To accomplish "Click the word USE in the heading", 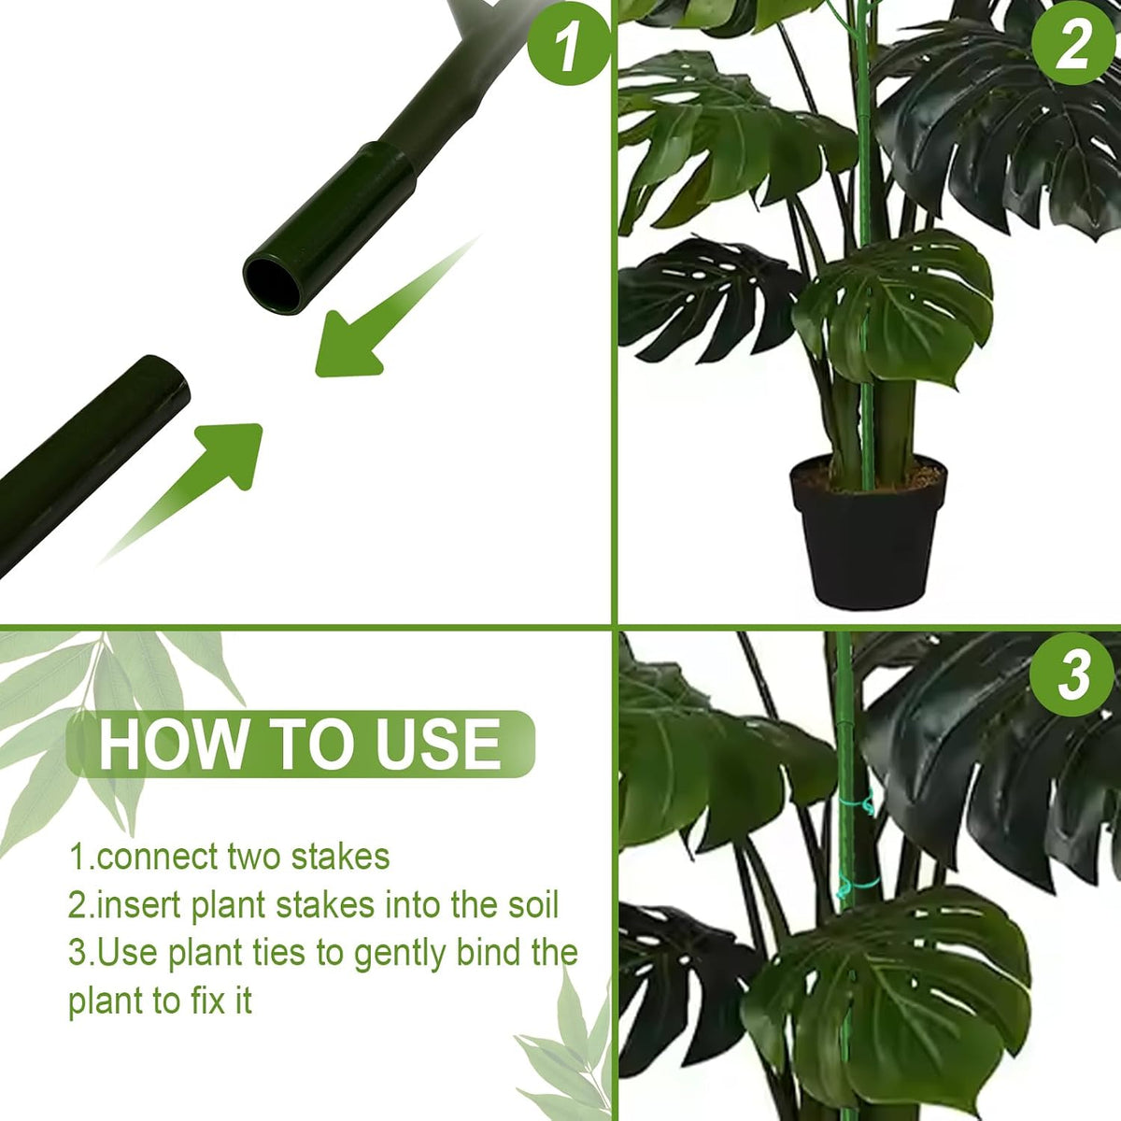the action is coord(437,745).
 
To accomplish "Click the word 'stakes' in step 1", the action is coord(340,857).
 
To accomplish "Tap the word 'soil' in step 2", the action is coord(532,906).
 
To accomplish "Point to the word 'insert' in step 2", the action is coord(139,906).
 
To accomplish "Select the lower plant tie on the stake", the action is coord(858,887).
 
